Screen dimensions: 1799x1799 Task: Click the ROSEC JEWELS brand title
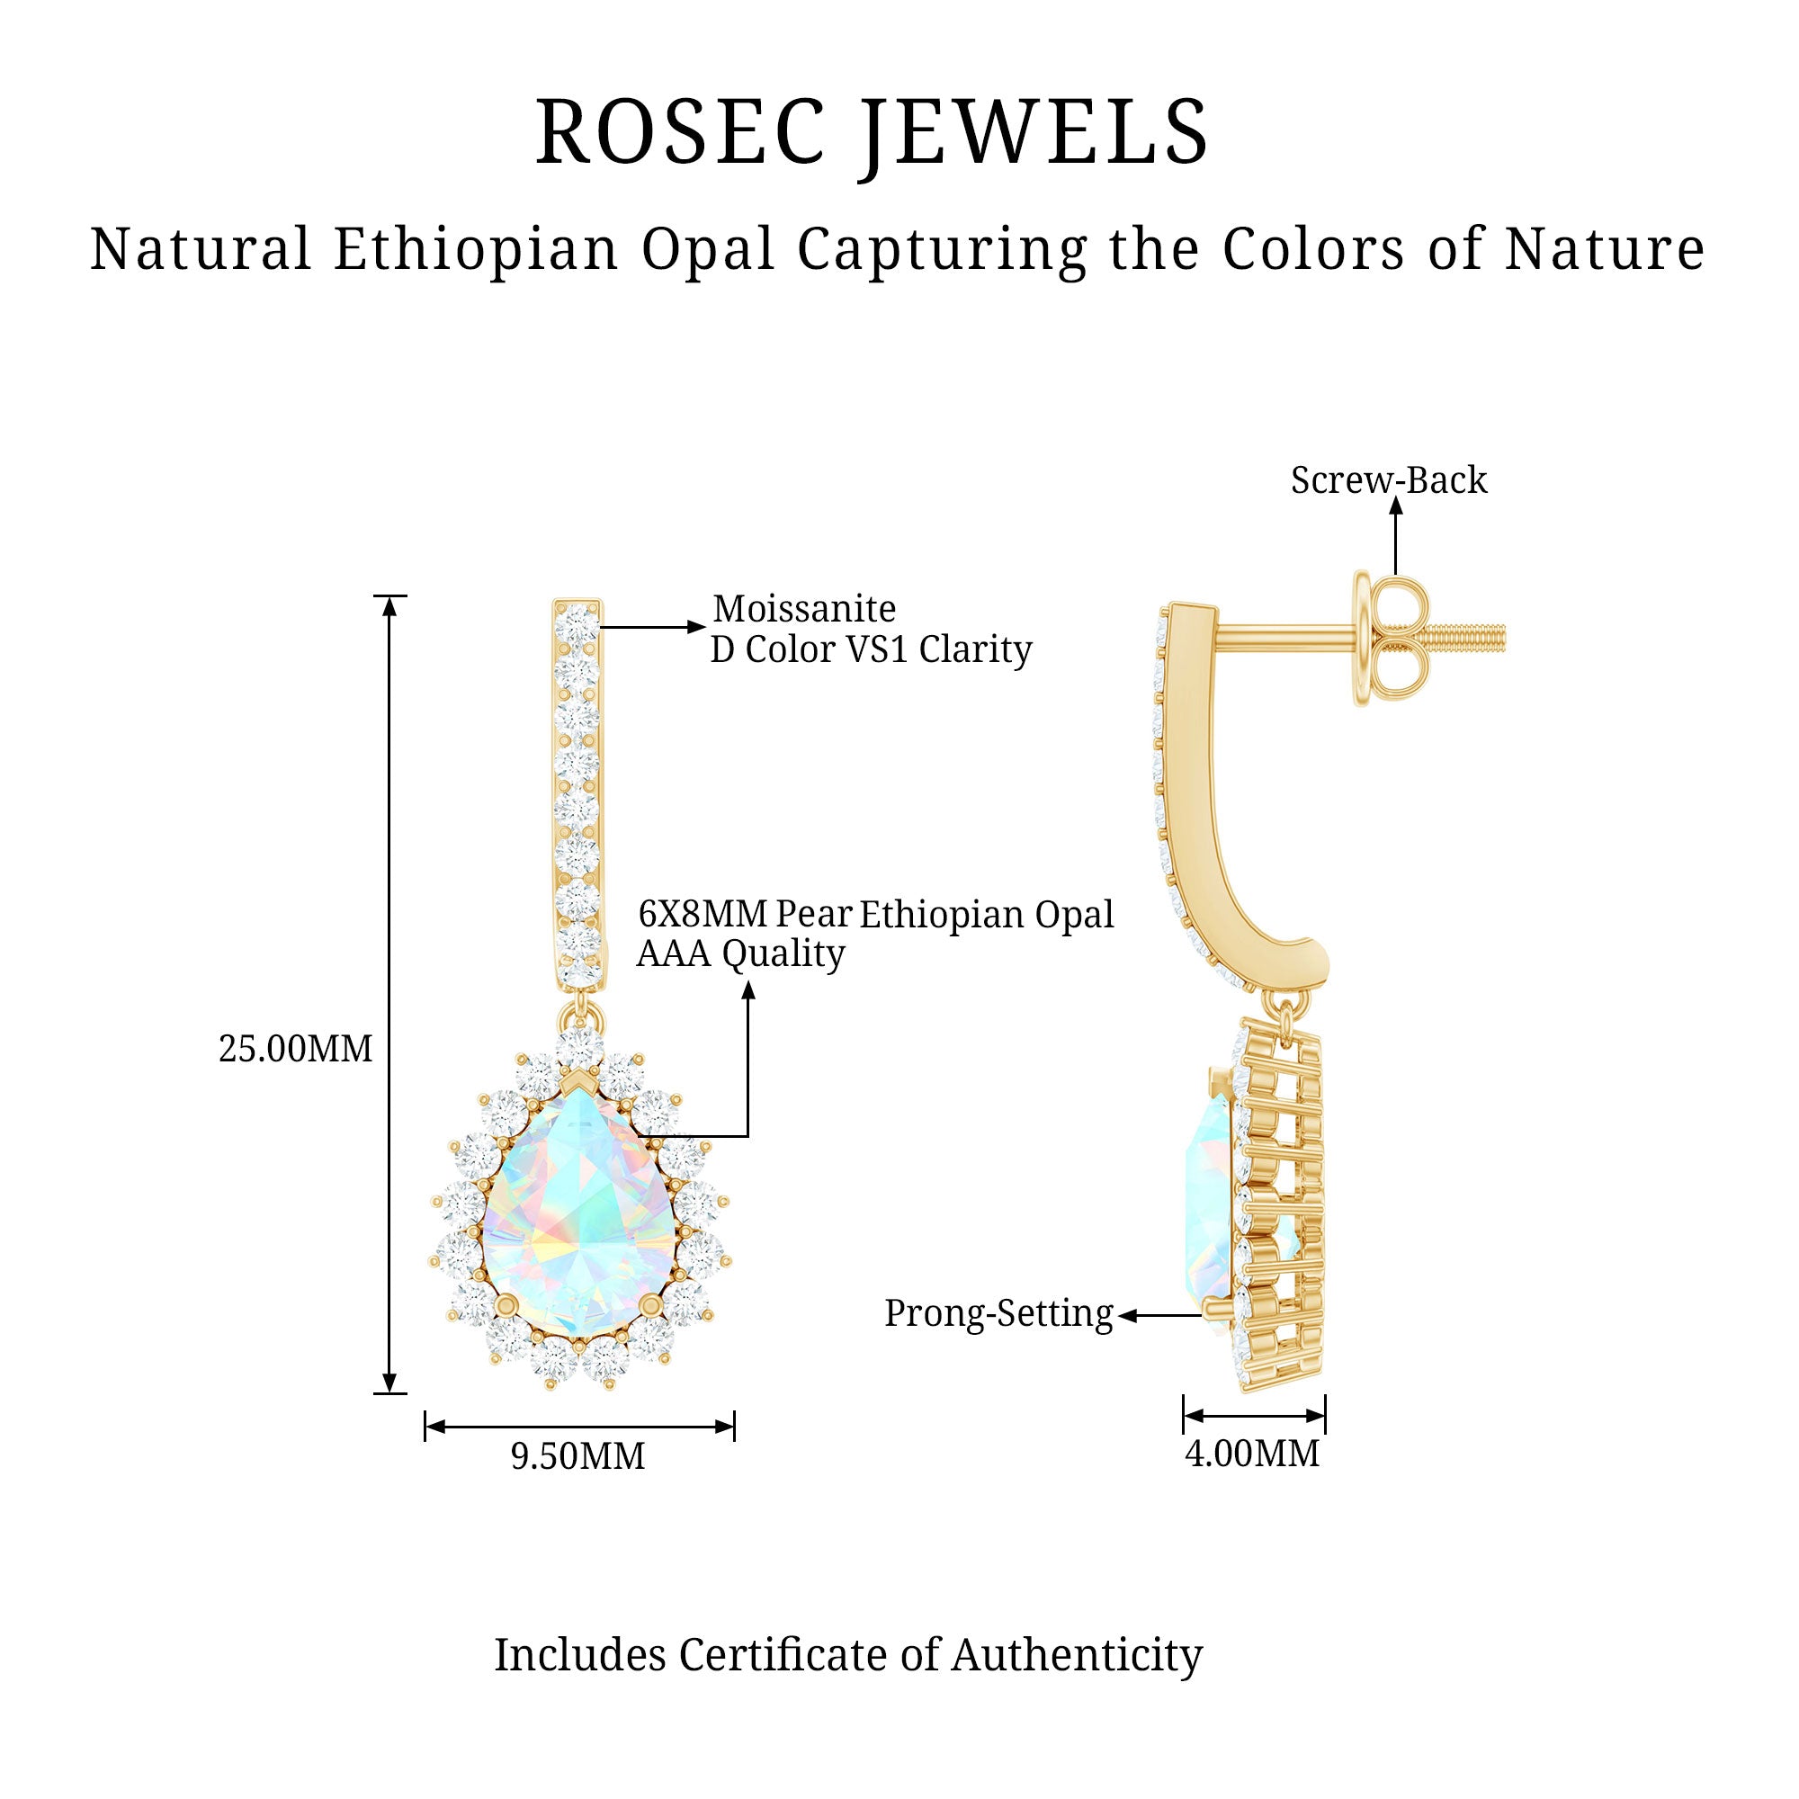coord(872,132)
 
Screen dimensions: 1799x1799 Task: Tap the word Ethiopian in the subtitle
coord(476,249)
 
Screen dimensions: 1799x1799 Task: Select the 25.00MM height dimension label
coord(295,1050)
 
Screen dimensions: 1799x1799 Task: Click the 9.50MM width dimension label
coord(577,1456)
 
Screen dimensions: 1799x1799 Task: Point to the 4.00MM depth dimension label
coord(1251,1454)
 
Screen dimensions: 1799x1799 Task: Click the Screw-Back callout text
coord(1388,480)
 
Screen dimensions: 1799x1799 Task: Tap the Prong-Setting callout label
coord(998,1314)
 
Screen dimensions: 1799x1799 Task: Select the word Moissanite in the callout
coord(803,609)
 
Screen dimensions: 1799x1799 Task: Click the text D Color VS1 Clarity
coord(871,650)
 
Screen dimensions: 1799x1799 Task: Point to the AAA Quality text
coord(740,953)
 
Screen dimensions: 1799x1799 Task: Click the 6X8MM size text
coord(703,915)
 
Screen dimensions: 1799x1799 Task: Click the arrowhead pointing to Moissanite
coord(696,627)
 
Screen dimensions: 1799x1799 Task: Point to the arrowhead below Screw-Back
coord(1395,506)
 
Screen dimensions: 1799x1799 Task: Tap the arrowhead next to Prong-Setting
coord(1128,1316)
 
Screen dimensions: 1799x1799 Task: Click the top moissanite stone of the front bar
coord(577,620)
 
